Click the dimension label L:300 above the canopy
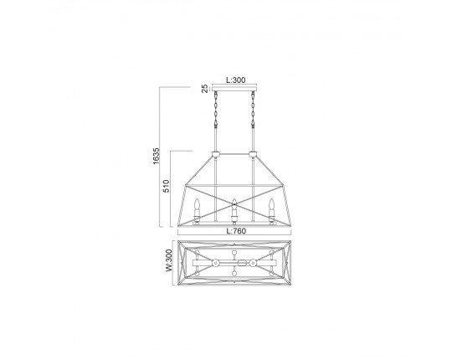236,80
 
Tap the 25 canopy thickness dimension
205,89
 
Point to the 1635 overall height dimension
156,156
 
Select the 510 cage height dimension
166,186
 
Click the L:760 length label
236,231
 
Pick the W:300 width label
169,260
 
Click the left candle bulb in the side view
198,204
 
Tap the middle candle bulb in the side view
234,204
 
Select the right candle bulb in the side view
271,204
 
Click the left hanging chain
215,110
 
